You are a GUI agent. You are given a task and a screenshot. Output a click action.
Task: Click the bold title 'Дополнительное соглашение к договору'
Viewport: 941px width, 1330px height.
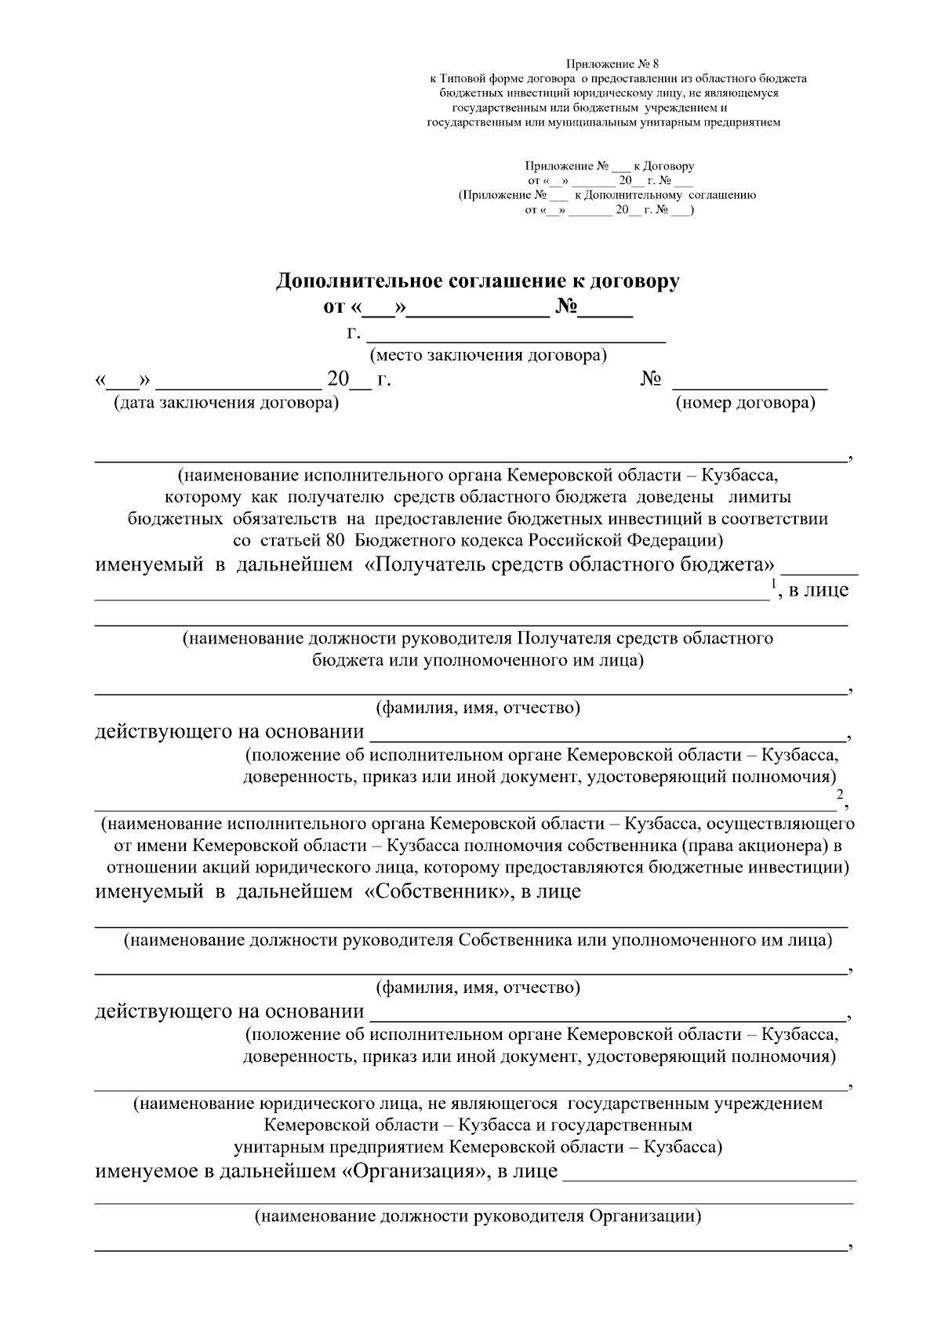click(477, 281)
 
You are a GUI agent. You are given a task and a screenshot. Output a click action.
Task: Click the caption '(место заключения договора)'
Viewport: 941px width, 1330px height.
click(489, 356)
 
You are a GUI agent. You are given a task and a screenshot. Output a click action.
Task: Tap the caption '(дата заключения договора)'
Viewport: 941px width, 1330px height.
click(226, 404)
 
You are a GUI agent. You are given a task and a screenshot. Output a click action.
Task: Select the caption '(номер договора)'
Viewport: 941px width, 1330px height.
click(745, 404)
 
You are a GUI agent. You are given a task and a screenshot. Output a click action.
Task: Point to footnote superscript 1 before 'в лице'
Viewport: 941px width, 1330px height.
click(774, 582)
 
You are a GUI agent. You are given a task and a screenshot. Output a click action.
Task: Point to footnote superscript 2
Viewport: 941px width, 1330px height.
click(840, 795)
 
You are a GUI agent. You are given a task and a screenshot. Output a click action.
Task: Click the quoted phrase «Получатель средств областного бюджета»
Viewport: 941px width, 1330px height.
click(571, 565)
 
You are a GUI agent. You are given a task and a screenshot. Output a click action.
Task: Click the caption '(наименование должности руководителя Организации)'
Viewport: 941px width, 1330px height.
click(477, 1217)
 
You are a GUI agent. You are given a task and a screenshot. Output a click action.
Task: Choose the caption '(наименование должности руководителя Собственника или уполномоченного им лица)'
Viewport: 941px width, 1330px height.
click(478, 940)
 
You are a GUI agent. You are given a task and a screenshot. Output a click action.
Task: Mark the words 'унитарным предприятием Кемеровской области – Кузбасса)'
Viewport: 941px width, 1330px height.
click(478, 1147)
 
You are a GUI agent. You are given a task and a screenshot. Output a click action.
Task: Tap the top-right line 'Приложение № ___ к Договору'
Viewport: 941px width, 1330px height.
click(609, 166)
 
